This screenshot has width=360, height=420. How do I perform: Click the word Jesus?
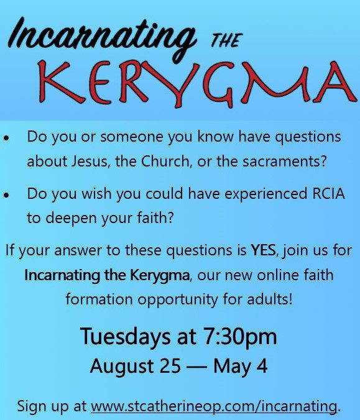click(x=91, y=162)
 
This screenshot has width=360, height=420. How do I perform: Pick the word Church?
click(x=167, y=162)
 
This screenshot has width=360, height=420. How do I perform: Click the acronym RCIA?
click(x=329, y=193)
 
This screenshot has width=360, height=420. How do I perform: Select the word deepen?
click(x=72, y=218)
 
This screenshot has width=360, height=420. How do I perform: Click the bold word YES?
click(x=264, y=250)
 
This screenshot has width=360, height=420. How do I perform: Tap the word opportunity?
click(x=178, y=299)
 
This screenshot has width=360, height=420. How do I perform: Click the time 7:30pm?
click(x=240, y=337)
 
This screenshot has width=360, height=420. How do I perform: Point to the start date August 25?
click(x=136, y=367)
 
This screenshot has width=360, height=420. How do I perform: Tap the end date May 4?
click(x=241, y=367)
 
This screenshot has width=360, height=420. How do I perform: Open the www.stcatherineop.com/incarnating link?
click(x=214, y=406)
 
